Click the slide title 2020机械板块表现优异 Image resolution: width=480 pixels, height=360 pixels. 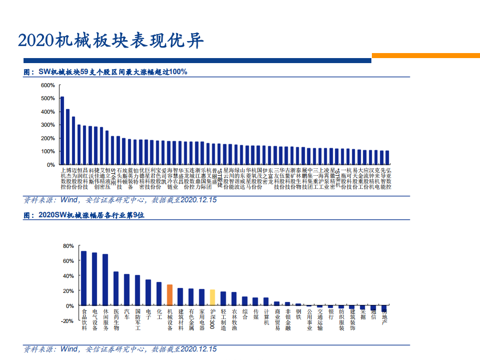click(111, 41)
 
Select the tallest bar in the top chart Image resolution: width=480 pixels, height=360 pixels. click(62, 130)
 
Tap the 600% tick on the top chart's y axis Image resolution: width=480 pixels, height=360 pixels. click(48, 85)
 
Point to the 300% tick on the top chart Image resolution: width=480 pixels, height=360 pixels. click(48, 125)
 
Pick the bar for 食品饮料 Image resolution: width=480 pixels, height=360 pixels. click(84, 278)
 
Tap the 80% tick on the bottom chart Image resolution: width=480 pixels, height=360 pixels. click(68, 246)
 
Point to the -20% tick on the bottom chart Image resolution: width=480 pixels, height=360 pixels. click(67, 321)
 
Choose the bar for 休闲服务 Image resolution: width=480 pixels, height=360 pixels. click(105, 279)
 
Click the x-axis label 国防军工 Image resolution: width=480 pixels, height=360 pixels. click(138, 320)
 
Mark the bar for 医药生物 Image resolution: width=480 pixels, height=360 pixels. click(116, 288)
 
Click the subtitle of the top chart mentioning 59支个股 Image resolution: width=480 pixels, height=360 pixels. click(106, 72)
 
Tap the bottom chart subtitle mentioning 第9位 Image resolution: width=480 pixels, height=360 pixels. click(85, 216)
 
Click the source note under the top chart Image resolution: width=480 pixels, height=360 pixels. click(121, 200)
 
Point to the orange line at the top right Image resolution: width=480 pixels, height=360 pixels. click(425, 56)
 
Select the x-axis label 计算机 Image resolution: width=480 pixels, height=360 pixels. click(266, 316)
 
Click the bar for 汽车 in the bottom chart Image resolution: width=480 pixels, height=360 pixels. click(127, 289)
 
